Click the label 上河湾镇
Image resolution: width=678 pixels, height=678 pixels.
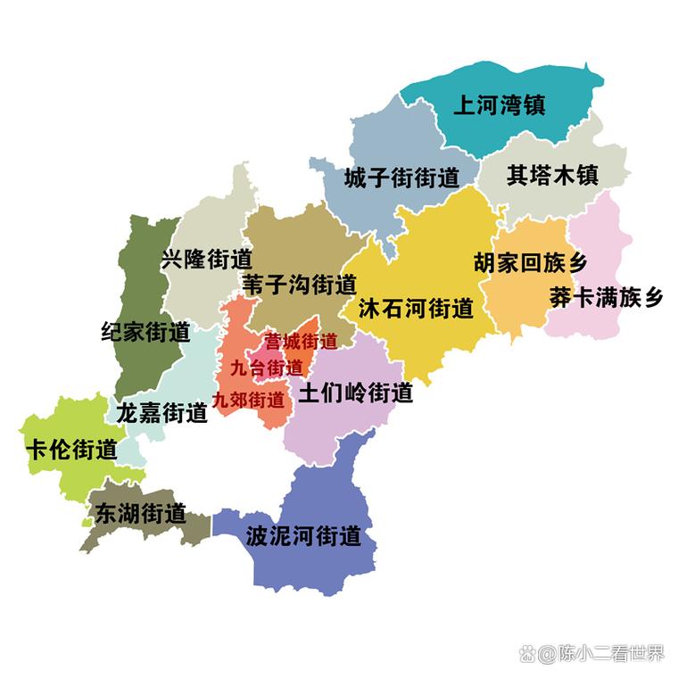(499, 106)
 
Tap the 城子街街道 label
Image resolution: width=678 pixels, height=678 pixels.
(401, 177)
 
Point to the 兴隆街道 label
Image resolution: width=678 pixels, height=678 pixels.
(207, 260)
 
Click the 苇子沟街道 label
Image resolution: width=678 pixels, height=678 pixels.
(299, 285)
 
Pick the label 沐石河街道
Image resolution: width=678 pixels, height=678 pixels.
(415, 310)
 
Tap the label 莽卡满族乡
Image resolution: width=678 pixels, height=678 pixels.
(606, 297)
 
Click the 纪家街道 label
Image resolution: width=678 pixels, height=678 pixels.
(145, 333)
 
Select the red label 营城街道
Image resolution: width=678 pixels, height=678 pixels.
(301, 342)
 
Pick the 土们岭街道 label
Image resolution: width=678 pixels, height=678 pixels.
(355, 393)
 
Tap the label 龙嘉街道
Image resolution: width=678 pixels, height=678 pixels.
(161, 413)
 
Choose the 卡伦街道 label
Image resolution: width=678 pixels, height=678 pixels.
(71, 449)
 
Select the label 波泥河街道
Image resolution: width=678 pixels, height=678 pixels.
(303, 536)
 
